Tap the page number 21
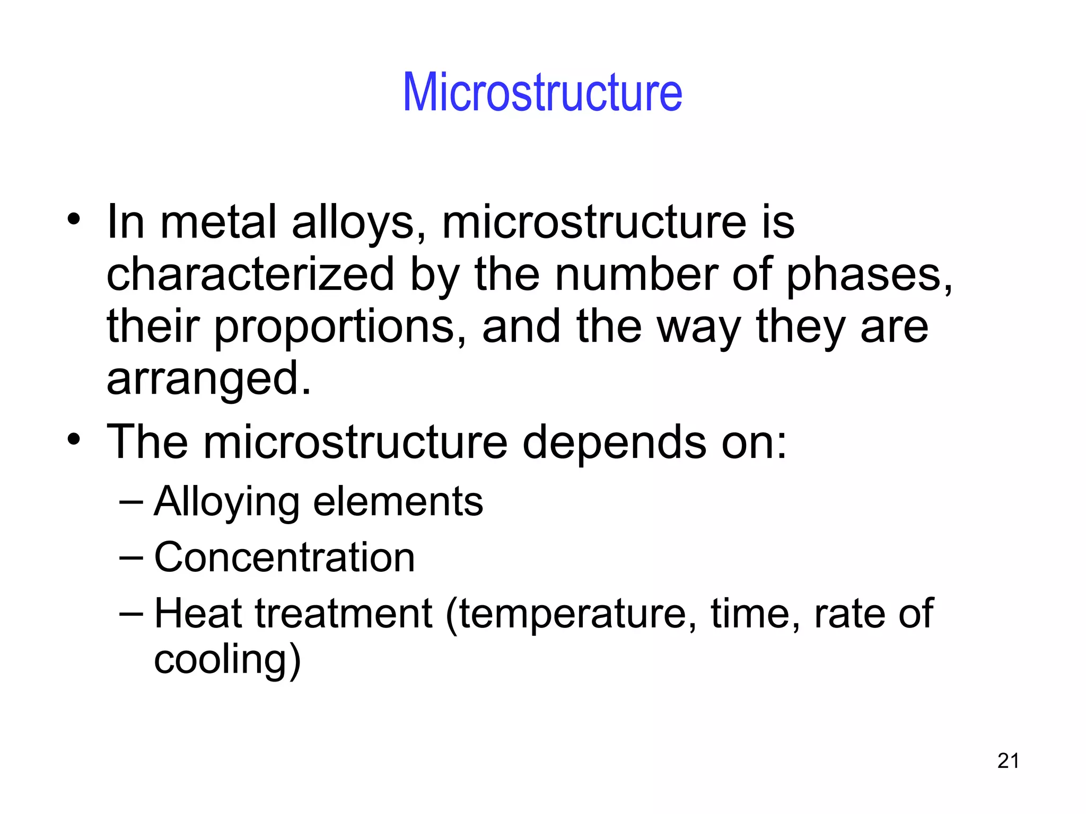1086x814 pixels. pos(1008,761)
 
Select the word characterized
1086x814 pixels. pos(250,274)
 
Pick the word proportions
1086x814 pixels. pos(334,328)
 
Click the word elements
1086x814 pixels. pos(398,501)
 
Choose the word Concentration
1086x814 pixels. pos(284,558)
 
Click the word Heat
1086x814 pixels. pos(198,614)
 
